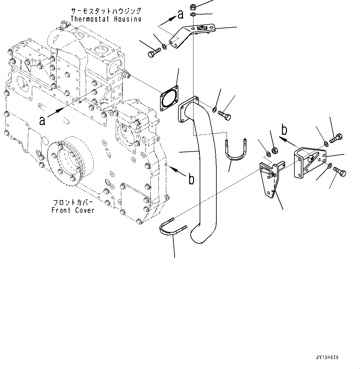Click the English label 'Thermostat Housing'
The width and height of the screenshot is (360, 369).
tap(106, 19)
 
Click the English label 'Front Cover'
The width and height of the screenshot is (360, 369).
tap(73, 210)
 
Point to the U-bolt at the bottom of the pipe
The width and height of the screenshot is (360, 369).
tap(172, 229)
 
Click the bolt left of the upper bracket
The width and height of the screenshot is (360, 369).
tap(153, 52)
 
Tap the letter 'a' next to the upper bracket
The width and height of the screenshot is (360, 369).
tap(180, 14)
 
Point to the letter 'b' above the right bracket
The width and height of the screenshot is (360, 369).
tap(284, 130)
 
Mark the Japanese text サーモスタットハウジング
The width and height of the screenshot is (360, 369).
tap(106, 11)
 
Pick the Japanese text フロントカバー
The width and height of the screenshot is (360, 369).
tap(73, 203)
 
